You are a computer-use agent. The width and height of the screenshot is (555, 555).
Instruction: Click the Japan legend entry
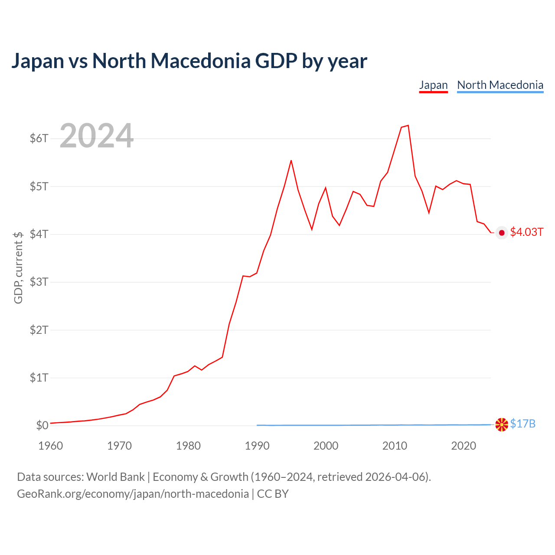433,85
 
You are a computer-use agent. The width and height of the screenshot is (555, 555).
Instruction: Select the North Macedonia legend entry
500,85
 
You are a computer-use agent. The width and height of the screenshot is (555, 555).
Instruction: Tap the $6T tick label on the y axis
39,139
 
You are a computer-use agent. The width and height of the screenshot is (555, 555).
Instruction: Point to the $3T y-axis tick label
39,282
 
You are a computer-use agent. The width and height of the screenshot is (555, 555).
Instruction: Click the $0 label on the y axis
42,425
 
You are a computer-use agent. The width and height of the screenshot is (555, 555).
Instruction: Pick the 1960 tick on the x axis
51,446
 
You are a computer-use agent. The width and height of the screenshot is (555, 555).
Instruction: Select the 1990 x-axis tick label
257,446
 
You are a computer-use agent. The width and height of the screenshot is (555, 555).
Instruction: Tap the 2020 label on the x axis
464,446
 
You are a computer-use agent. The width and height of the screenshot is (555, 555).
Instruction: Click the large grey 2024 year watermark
97,135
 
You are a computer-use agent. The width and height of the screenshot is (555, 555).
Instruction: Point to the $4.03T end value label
526,232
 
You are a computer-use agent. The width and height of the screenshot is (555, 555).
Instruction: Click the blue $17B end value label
522,424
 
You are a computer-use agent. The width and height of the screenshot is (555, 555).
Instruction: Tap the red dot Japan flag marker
501,233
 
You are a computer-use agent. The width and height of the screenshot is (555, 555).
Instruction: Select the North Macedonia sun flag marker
501,424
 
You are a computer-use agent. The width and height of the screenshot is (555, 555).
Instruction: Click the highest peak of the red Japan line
408,125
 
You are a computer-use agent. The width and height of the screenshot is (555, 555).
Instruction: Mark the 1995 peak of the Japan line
291,160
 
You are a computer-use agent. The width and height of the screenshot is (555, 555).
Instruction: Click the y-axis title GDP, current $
18,268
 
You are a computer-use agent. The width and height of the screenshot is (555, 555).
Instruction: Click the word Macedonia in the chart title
200,61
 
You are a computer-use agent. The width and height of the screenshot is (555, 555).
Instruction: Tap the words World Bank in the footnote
115,477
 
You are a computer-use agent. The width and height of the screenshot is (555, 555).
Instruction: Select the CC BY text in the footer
272,494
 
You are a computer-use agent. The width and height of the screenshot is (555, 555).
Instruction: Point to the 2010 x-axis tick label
395,446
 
